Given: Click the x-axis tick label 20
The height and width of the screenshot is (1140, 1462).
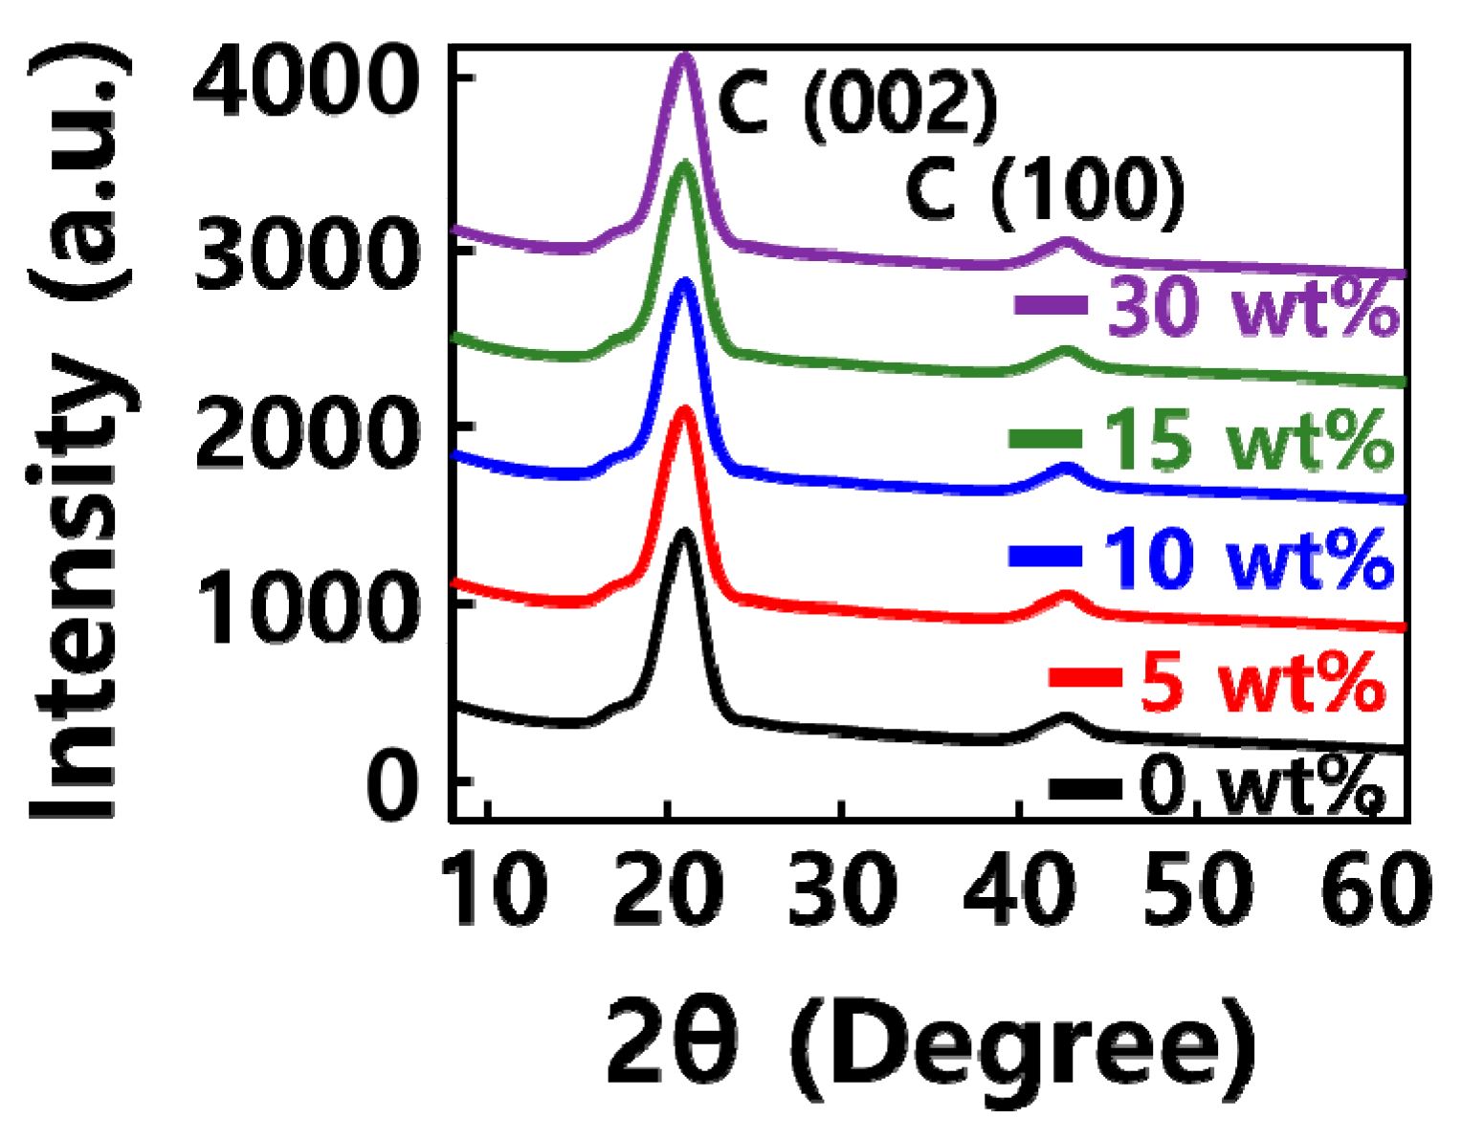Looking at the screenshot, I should (667, 888).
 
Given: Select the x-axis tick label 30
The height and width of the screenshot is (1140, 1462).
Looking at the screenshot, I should (842, 888).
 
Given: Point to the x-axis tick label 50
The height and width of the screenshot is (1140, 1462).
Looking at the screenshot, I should (1196, 888).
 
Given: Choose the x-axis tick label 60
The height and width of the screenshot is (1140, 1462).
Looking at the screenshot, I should (1374, 888).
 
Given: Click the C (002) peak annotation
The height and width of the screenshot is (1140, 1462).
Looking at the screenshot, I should (857, 103).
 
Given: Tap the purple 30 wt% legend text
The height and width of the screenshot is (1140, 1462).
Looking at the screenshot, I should (1252, 308).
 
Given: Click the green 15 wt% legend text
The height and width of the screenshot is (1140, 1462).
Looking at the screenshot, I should (1248, 440).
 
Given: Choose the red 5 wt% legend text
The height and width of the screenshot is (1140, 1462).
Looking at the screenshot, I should (1262, 680).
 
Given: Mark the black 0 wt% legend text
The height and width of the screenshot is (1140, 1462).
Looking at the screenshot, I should (1261, 786).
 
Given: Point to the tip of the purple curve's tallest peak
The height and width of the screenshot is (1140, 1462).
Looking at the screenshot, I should (682, 56).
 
